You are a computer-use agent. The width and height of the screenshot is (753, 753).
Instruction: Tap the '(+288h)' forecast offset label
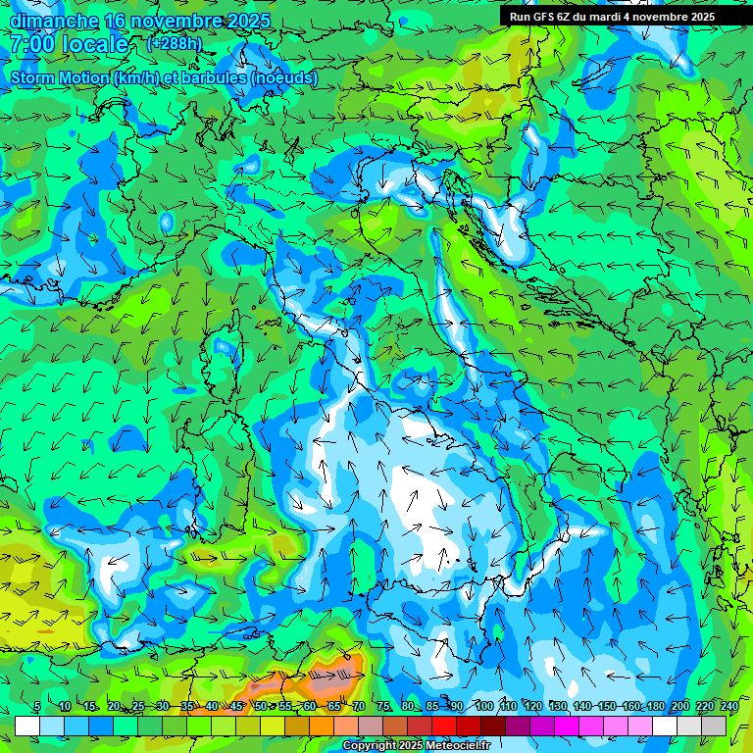[x=175, y=43]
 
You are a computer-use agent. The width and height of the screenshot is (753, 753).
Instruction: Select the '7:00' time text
[x=32, y=44]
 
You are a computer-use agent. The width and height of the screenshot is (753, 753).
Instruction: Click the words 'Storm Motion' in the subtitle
[x=60, y=77]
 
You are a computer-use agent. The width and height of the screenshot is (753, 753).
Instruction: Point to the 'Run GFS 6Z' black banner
[x=612, y=17]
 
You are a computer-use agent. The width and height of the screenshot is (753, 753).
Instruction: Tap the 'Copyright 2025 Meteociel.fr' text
[x=417, y=746]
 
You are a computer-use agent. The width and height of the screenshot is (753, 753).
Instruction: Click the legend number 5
[x=37, y=706]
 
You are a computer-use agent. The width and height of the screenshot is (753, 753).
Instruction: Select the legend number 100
[x=483, y=706]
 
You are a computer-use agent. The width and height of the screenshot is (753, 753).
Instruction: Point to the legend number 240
[x=728, y=706]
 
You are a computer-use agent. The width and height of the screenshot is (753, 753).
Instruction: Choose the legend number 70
[x=359, y=706]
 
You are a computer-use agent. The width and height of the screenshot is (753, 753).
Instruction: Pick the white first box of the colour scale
[x=27, y=726]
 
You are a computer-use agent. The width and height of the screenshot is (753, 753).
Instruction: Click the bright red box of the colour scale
[x=444, y=726]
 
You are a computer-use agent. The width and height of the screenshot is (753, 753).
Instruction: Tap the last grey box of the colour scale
[x=714, y=726]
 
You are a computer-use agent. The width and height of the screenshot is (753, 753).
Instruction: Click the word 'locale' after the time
[x=94, y=44]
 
